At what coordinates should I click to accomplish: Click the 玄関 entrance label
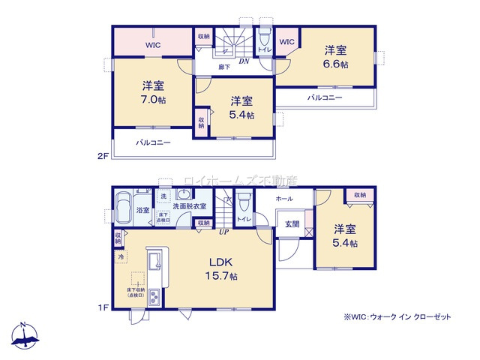[x=292, y=224]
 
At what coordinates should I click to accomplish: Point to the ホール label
[x=283, y=199]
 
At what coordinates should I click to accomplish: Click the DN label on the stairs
[x=244, y=61]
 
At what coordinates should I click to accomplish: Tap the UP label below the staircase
[x=223, y=232]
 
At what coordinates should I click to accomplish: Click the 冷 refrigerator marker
[x=121, y=257]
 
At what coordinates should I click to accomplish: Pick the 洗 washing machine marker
[x=163, y=196]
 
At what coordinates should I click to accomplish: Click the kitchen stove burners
[x=154, y=297]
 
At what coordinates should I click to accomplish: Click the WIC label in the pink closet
[x=153, y=44]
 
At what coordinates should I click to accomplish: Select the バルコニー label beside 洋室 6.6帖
[x=324, y=98]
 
